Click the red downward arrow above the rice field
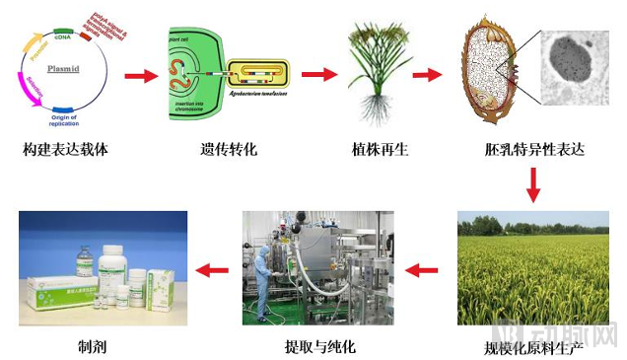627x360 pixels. click(x=532, y=184)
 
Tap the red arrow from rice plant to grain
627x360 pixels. click(x=426, y=74)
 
